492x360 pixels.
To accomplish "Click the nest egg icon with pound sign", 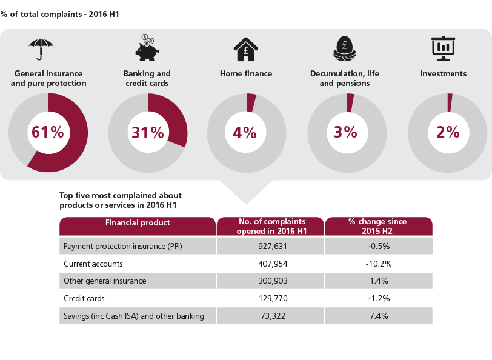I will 345,49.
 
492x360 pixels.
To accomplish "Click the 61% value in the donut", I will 48,132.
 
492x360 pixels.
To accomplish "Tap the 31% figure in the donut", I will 148,132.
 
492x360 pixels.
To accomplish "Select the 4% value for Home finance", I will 245,132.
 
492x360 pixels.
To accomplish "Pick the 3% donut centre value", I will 346,132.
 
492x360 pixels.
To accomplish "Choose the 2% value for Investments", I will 447,132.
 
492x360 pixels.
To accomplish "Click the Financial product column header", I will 138,223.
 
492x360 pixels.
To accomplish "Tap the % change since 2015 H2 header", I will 377,226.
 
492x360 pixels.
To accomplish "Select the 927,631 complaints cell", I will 270,247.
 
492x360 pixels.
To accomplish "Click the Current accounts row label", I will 93,264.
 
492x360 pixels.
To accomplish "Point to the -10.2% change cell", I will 378,264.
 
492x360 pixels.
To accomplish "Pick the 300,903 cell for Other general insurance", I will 270,281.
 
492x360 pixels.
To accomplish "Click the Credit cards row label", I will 84,299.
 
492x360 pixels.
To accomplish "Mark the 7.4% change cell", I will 378,316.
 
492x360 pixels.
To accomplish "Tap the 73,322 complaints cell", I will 270,316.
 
